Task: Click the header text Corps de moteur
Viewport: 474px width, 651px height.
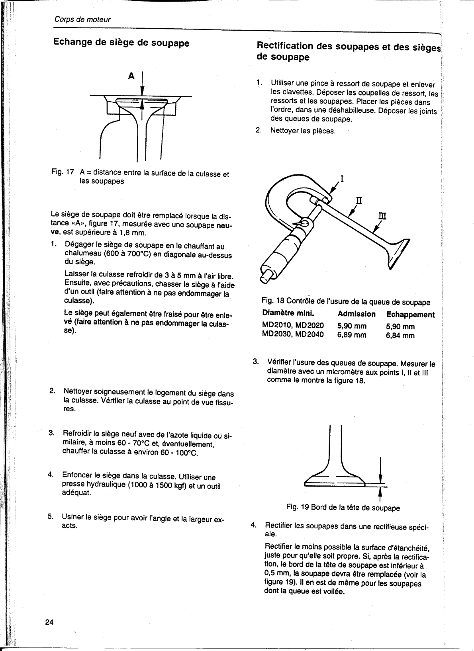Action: point(82,20)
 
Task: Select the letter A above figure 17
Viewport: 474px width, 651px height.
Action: point(131,76)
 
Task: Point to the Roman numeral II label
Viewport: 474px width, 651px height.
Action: point(359,199)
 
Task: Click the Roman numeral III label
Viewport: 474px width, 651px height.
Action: point(382,216)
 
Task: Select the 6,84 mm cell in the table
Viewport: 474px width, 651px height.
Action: point(400,335)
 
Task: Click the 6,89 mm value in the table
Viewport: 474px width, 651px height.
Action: point(352,335)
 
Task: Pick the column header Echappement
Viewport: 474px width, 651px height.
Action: point(410,315)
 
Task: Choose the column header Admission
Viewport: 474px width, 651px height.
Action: point(356,314)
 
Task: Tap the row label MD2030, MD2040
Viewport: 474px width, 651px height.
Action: point(293,335)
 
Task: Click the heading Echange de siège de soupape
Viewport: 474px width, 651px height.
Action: point(121,43)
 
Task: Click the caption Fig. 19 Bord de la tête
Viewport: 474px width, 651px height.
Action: point(343,508)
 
